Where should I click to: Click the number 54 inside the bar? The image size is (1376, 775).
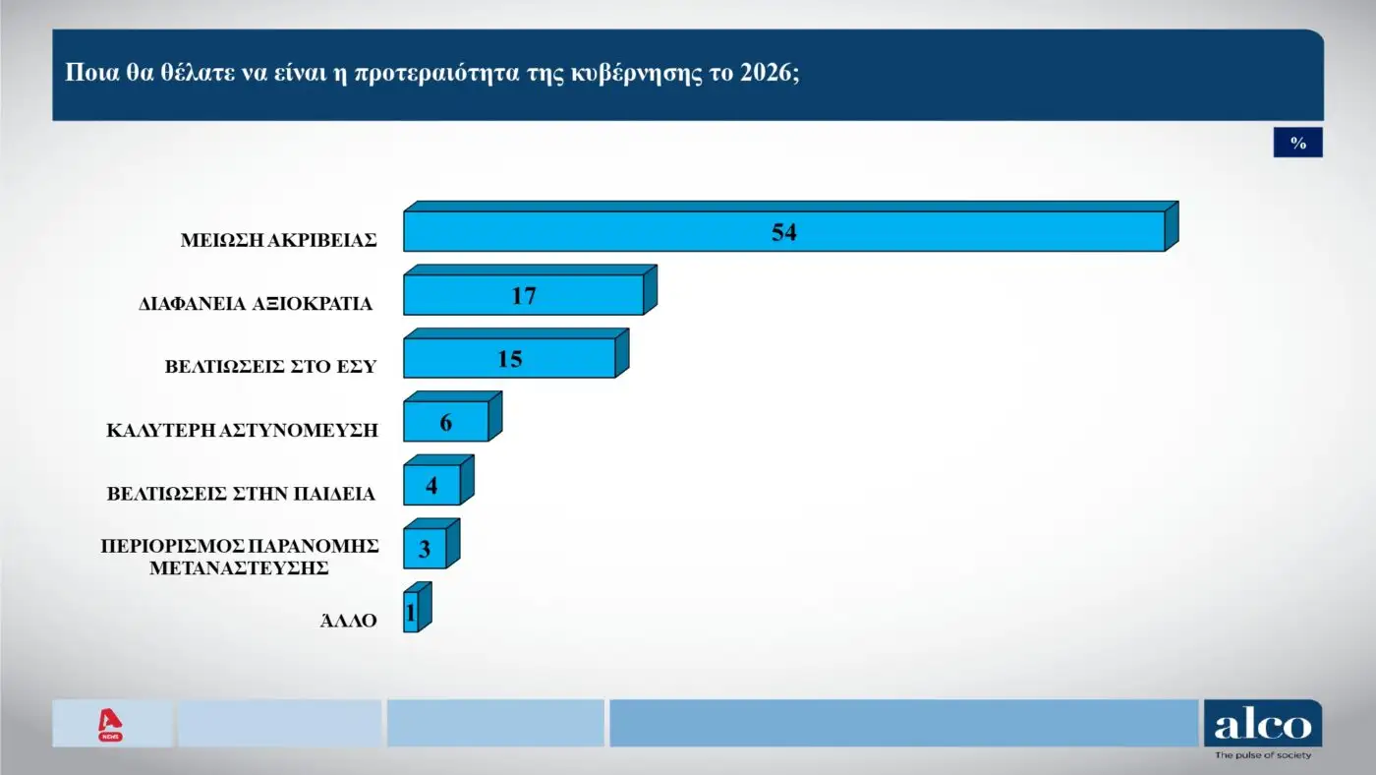coord(783,232)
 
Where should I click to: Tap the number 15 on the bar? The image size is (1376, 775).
coord(509,359)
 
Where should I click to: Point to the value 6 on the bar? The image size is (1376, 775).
coord(446,423)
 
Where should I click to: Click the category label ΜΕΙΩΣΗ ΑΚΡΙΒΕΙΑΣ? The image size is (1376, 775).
coord(278,240)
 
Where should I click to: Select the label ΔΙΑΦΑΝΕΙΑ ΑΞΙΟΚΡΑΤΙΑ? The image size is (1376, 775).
coord(256,304)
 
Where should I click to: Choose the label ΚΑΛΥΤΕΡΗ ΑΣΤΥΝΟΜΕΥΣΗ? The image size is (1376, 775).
coord(242,430)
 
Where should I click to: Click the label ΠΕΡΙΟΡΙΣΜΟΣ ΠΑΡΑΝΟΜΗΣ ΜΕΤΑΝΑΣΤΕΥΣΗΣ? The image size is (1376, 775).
coord(241,556)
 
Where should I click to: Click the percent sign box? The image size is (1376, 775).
coord(1297,144)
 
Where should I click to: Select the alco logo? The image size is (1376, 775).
coord(1262,725)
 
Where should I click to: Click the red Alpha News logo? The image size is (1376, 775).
coord(109,725)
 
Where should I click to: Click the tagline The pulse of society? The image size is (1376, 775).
coord(1262,755)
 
